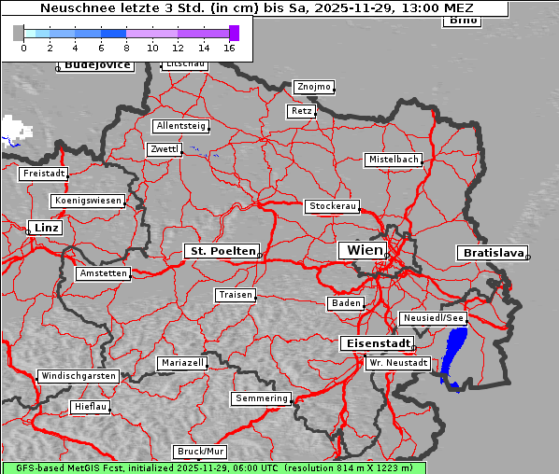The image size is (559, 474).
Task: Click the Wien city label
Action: [x=365, y=250]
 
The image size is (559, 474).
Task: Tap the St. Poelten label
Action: [x=222, y=251]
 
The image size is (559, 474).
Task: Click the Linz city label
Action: [x=44, y=228]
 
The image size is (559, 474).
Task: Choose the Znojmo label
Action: [x=313, y=87]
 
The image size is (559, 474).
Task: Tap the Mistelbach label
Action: [x=393, y=160]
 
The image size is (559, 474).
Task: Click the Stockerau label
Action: [x=332, y=206]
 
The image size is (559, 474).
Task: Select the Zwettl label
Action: [x=164, y=149]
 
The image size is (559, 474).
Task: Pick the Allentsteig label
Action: [x=181, y=126]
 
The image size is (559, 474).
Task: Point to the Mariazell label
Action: [x=182, y=362]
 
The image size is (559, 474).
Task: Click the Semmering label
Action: [x=262, y=398]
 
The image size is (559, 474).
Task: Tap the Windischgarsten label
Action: [x=79, y=376]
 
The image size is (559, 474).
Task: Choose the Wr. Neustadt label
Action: [x=398, y=362]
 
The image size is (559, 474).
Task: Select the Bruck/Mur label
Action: [x=200, y=452]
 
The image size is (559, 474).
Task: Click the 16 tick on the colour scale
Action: [x=229, y=47]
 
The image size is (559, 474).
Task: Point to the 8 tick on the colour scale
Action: [x=126, y=47]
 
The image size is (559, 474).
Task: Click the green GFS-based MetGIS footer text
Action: [x=213, y=467]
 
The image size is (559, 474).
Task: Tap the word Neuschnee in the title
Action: [x=71, y=8]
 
